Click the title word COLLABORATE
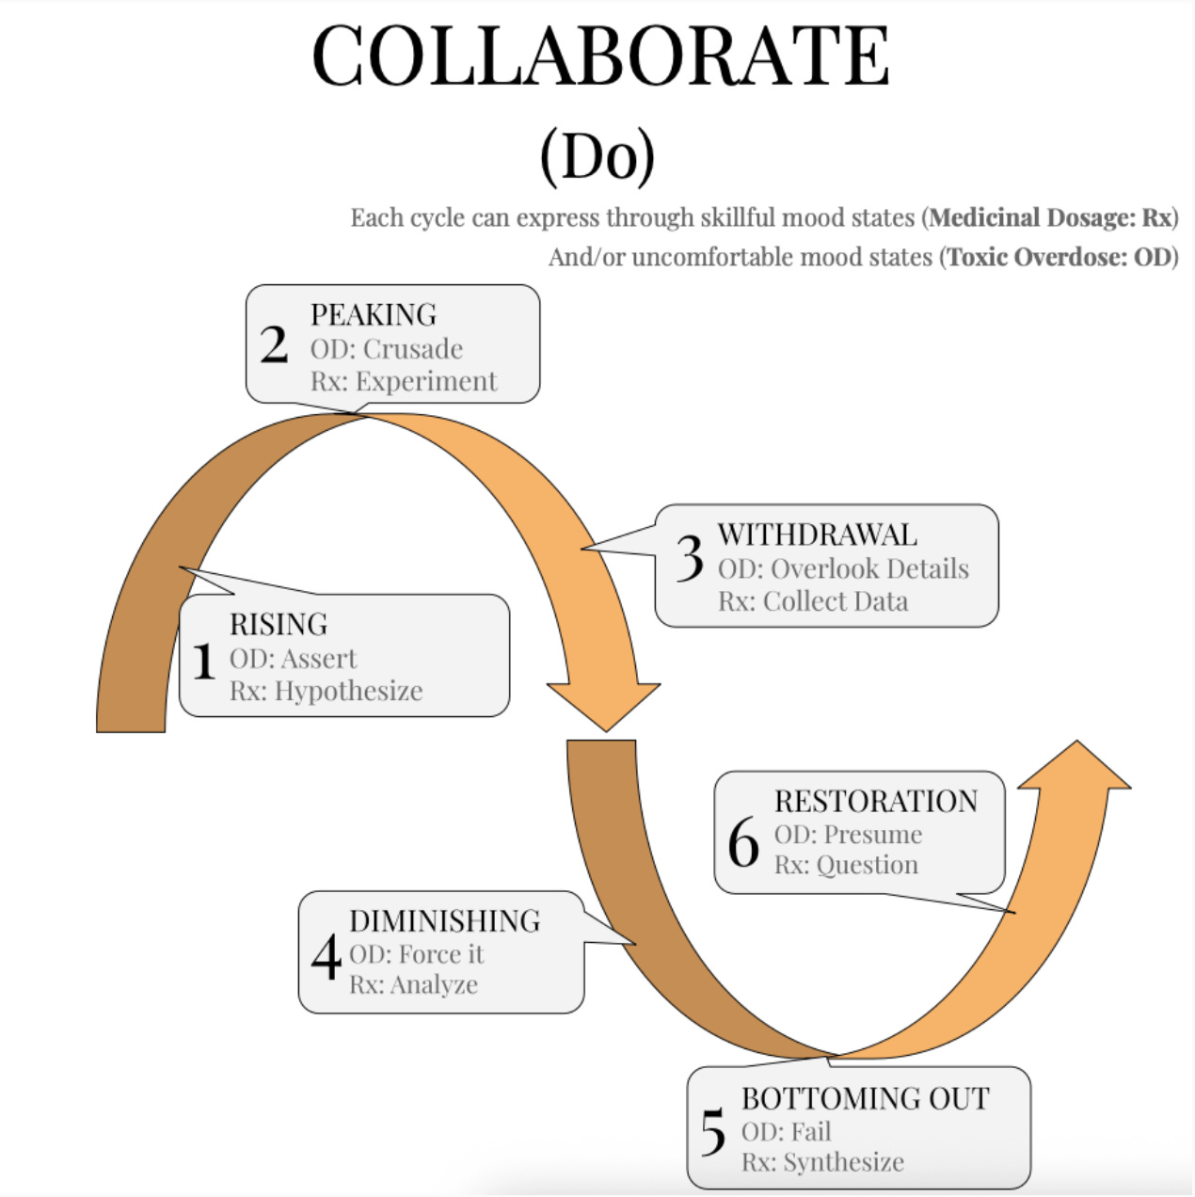pos(600,56)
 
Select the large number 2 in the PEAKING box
pos(274,345)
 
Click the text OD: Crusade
pos(387,349)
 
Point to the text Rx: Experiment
pos(404,381)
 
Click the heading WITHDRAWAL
pos(817,535)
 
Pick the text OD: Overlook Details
pos(843,568)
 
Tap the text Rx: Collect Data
pos(813,601)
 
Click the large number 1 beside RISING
pos(203,661)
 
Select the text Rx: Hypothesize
pos(326,691)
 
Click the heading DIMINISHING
pos(445,920)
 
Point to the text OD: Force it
pos(416,954)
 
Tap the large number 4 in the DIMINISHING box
pos(326,958)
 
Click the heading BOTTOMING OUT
pos(865,1098)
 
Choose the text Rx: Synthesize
pos(822,1162)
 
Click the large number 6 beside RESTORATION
pos(743,842)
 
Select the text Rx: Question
pos(846,865)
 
